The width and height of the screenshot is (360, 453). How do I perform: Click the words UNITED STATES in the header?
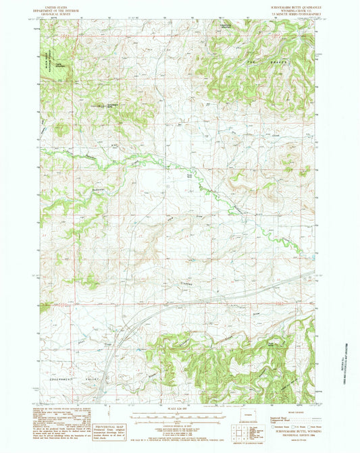(57, 5)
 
